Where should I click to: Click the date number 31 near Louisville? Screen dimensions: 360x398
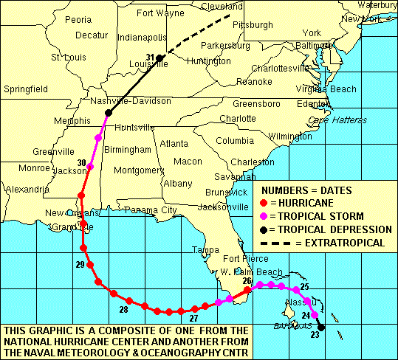(151, 58)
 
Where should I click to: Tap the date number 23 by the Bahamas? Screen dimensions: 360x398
(315, 334)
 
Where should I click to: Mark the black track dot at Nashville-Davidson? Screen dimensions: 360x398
(109, 113)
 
